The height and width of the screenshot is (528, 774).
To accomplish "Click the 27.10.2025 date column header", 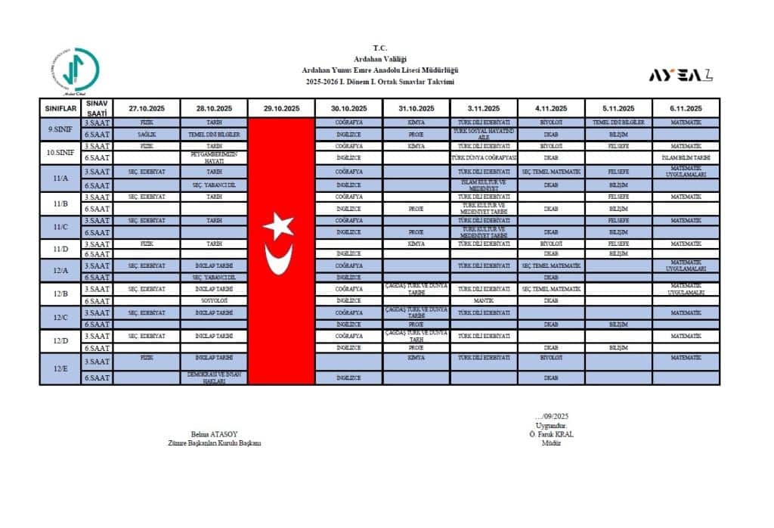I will click(147, 108).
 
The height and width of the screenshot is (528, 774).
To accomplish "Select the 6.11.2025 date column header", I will click(686, 108).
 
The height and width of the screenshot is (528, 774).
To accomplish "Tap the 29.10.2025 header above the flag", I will click(281, 108).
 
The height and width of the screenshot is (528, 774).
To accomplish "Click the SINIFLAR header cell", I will click(60, 108).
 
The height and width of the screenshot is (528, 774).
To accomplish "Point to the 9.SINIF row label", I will click(60, 128).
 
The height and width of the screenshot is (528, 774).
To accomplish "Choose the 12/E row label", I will click(60, 369).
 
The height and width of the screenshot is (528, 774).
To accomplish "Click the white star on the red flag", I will click(278, 225).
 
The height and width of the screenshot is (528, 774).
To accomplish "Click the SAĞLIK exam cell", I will click(147, 134).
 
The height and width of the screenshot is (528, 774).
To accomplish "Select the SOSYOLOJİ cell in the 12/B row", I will click(214, 300).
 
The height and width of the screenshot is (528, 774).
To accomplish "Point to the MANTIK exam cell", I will click(483, 300).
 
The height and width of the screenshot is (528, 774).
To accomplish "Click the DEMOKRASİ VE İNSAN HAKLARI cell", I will click(214, 377).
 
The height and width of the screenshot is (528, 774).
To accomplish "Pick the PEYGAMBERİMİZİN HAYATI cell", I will click(214, 157).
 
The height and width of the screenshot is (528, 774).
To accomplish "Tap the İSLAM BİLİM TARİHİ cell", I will click(686, 157).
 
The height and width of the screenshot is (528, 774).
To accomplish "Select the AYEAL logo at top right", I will click(680, 75).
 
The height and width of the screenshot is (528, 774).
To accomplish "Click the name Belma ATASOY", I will click(214, 435).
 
